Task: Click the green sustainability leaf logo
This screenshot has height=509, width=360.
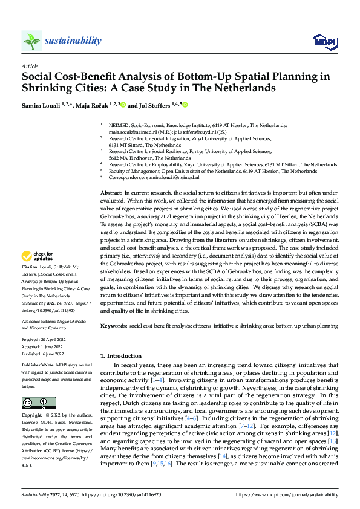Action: tap(32, 41)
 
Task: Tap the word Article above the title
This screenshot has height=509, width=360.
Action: tap(30, 65)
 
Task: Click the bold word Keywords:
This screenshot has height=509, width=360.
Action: tap(114, 326)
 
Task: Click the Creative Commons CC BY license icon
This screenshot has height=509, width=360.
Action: tap(38, 403)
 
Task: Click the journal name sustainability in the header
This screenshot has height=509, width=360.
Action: tap(73, 41)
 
